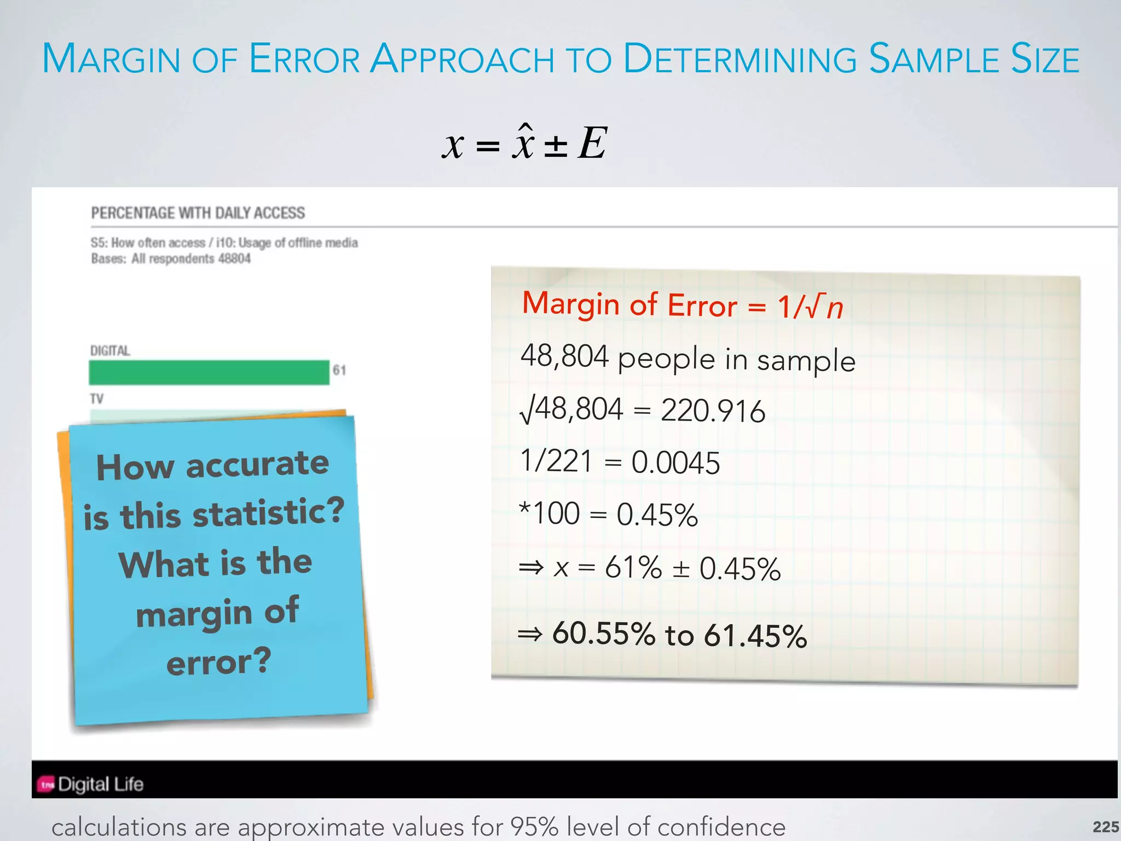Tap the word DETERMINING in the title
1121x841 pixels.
[740, 59]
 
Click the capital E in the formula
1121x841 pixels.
[592, 143]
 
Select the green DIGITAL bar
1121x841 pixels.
[209, 372]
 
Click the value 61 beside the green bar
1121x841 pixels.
[339, 371]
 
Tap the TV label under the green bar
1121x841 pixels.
[97, 399]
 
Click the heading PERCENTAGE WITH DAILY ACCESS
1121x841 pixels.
[198, 213]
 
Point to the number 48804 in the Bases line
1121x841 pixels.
[234, 258]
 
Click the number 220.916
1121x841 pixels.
[713, 411]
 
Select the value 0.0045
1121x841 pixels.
[675, 463]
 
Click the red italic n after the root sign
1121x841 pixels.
[835, 308]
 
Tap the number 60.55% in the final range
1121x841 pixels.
[603, 633]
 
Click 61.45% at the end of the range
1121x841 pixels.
[755, 636]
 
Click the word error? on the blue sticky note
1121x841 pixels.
[219, 661]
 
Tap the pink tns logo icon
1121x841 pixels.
[47, 785]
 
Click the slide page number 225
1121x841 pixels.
[1105, 827]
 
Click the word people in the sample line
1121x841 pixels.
[666, 359]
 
